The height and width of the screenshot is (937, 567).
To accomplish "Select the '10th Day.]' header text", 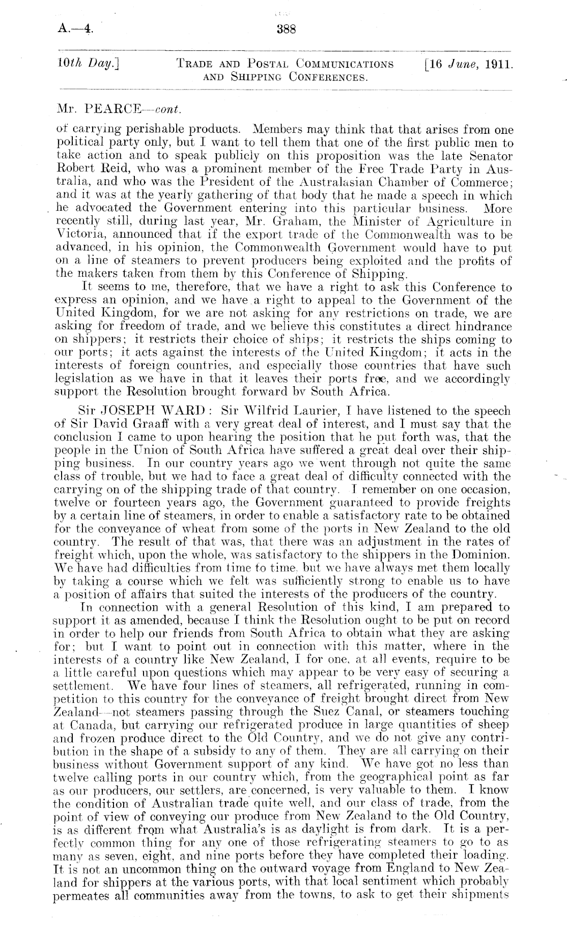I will tap(84, 65).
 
